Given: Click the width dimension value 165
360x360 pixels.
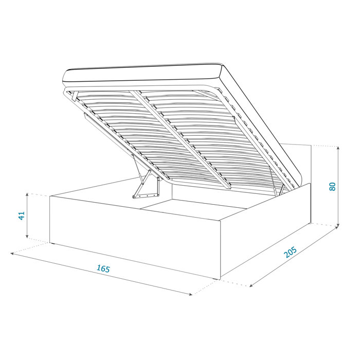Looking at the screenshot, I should coord(103,268).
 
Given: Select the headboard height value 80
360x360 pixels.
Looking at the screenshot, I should coord(333,186).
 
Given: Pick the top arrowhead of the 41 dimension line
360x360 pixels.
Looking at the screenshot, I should coord(27,195).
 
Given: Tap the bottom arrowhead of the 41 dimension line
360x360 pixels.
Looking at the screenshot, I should coord(27,238).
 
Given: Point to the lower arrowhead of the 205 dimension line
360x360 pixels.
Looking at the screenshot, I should coord(251,284).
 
